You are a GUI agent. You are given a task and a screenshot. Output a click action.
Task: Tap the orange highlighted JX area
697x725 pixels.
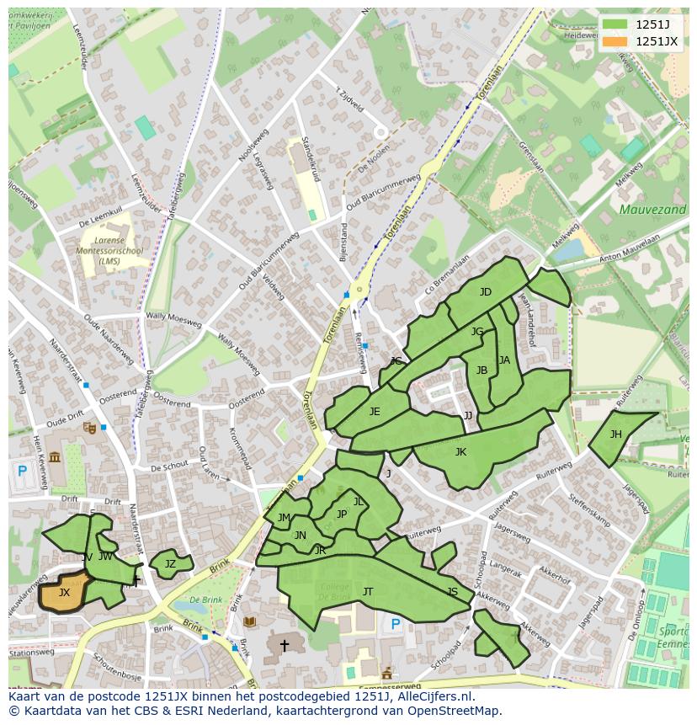click(64, 593)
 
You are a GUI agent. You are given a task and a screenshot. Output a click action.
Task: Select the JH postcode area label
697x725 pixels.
click(616, 434)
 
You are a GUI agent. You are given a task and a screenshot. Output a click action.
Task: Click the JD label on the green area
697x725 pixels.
click(486, 292)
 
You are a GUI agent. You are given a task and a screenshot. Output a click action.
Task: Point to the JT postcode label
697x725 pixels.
click(368, 592)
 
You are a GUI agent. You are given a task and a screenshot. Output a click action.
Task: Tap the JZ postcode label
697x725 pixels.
click(170, 564)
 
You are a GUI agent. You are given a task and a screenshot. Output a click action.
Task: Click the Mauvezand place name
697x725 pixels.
click(652, 209)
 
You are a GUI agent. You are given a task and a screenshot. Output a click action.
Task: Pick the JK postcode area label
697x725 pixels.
click(460, 452)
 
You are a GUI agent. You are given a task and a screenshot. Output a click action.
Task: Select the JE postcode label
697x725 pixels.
click(375, 412)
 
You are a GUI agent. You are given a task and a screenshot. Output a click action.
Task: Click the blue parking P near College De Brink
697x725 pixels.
click(396, 624)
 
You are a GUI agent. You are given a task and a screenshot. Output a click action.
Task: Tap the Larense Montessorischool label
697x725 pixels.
click(109, 251)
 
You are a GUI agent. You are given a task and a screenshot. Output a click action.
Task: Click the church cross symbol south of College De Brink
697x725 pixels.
click(285, 646)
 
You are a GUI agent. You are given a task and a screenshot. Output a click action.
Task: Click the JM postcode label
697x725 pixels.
click(284, 518)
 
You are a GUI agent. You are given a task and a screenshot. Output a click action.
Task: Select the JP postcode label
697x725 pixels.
click(342, 514)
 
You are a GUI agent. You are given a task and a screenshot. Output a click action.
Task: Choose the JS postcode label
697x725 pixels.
click(453, 592)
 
